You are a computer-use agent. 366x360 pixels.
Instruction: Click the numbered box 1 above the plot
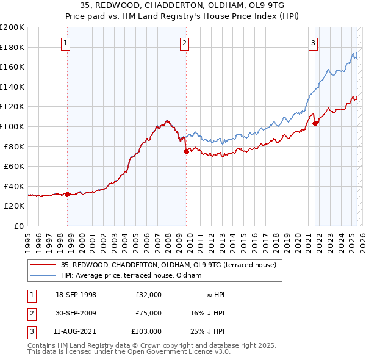coord(65,43)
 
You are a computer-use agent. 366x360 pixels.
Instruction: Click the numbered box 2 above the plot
coord(184,43)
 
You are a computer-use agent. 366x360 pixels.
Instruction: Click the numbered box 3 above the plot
coord(312,43)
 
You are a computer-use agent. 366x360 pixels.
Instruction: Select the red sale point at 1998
coord(68,194)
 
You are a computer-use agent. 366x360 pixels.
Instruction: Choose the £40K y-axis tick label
coord(14,186)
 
